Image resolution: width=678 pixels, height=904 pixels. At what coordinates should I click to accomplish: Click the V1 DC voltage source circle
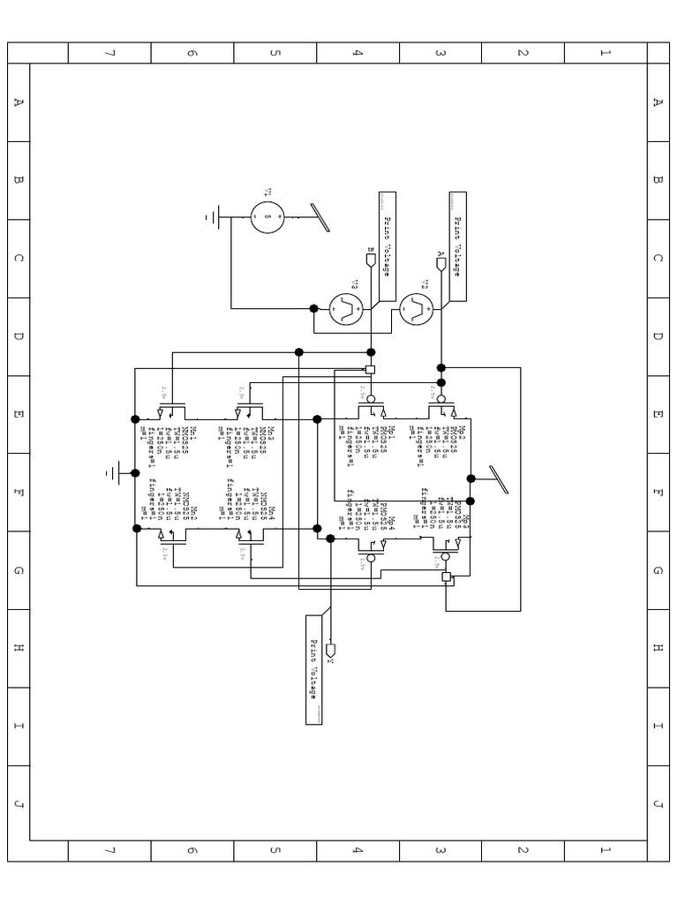click(x=267, y=216)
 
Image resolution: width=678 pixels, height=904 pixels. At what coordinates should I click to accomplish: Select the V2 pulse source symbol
click(x=416, y=308)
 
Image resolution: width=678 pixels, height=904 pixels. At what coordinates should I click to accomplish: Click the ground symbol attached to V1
click(x=212, y=216)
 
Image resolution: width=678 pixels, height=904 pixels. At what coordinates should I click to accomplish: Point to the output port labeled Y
click(x=330, y=654)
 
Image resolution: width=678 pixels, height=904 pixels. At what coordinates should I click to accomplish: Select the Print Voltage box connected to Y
click(x=313, y=669)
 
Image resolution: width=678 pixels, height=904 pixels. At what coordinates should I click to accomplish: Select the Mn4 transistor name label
click(x=273, y=512)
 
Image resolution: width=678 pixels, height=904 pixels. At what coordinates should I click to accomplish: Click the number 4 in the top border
click(x=358, y=53)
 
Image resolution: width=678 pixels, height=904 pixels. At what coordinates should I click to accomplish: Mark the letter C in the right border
click(x=657, y=259)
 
